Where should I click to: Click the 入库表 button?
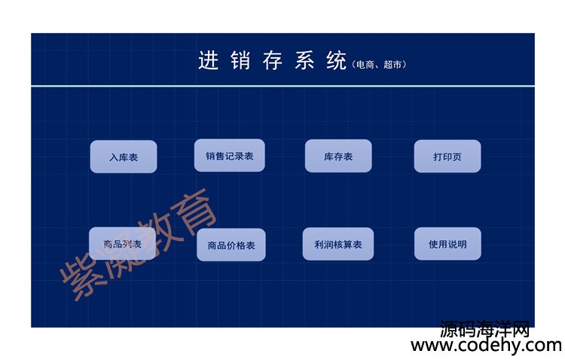pyautogui.click(x=124, y=157)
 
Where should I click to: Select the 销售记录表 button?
pyautogui.click(x=230, y=155)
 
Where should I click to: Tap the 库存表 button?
pyautogui.click(x=338, y=156)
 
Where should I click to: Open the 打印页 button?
pyautogui.click(x=447, y=156)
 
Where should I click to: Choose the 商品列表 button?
pyautogui.click(x=123, y=243)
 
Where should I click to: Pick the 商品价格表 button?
pyautogui.click(x=231, y=245)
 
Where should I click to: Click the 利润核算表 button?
pyautogui.click(x=338, y=244)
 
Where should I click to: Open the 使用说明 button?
pyautogui.click(x=447, y=243)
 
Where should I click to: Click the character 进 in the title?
pyautogui.click(x=208, y=59)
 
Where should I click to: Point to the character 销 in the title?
pyautogui.click(x=240, y=59)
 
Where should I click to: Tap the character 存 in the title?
pyautogui.click(x=273, y=59)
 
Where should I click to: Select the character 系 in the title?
pyautogui.click(x=304, y=59)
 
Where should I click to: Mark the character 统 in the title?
pyautogui.click(x=337, y=59)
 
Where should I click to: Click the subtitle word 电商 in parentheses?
pyautogui.click(x=365, y=65)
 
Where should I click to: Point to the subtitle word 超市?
pyautogui.click(x=392, y=65)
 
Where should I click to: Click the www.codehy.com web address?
pyautogui.click(x=487, y=345)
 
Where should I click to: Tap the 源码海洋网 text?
pyautogui.click(x=485, y=328)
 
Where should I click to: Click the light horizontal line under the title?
pyautogui.click(x=282, y=86)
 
